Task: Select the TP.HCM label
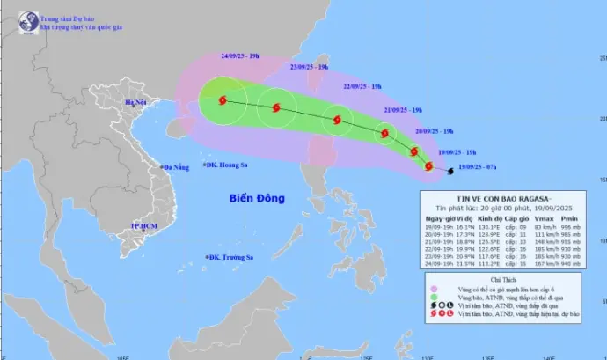click(x=142, y=226)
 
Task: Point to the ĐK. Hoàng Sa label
click(x=227, y=165)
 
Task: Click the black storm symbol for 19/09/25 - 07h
click(x=451, y=171)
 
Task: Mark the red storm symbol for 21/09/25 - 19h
click(x=384, y=134)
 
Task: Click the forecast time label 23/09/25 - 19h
click(x=310, y=67)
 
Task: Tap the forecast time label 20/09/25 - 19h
click(x=435, y=131)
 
